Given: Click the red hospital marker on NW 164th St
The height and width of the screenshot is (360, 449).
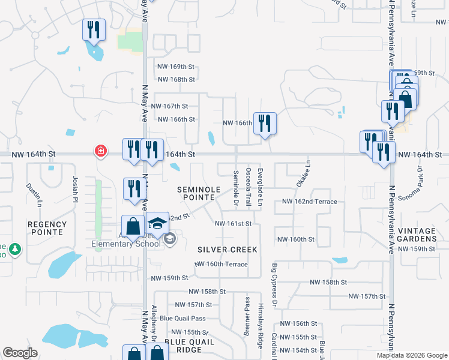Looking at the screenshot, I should point(100,150).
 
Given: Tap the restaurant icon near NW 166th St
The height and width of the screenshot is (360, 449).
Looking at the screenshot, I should point(265,124).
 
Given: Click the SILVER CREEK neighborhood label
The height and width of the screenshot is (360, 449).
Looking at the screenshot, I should point(228,249).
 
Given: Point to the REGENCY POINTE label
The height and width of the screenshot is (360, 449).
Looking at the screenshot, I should point(46,228).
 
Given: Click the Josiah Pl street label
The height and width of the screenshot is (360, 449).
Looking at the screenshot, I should point(75,187).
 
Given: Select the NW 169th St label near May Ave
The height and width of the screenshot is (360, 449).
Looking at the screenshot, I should point(175,67).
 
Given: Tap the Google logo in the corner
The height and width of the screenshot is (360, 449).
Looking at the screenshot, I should point(20,353).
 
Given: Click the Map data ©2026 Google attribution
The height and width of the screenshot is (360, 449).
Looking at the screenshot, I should point(411,355).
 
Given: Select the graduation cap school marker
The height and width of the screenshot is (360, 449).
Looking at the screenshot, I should point(157,223).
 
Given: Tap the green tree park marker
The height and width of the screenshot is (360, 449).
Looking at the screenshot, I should point(14,248).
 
